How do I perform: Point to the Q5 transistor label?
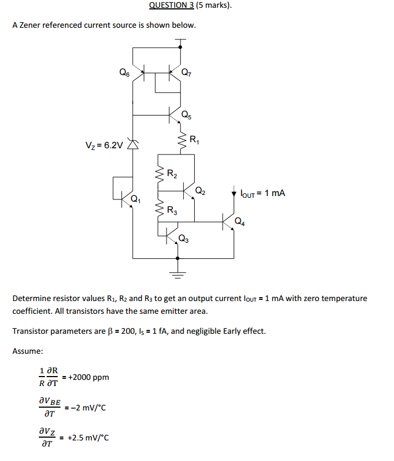(188, 116)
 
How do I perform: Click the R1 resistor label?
(194, 139)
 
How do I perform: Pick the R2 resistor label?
(172, 176)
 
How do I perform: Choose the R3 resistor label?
(172, 210)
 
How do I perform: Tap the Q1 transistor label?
(135, 199)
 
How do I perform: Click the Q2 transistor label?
(200, 192)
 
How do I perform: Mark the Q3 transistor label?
(184, 240)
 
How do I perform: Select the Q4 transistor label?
(239, 222)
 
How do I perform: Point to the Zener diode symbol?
(133, 144)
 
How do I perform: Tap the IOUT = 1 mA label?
(262, 193)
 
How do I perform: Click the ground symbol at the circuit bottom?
(178, 273)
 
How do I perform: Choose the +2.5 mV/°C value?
(88, 437)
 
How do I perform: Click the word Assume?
(28, 351)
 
